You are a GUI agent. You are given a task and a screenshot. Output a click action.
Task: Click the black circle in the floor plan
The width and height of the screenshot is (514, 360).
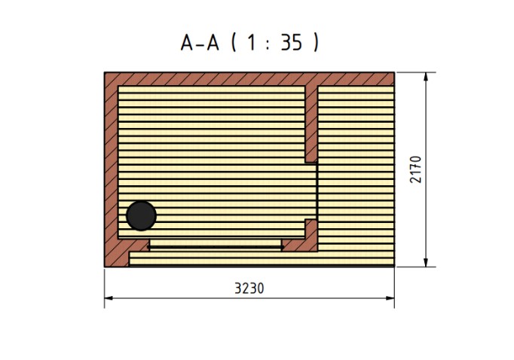coord(141,216)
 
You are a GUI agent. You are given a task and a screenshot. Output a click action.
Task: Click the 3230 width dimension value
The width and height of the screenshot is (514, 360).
coord(249,288)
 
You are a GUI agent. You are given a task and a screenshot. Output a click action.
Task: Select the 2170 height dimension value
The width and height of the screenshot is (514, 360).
coord(416,169)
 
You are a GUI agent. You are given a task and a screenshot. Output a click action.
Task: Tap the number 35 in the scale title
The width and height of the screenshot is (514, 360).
coord(292,43)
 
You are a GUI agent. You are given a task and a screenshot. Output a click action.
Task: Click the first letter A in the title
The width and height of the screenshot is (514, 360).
coord(187,43)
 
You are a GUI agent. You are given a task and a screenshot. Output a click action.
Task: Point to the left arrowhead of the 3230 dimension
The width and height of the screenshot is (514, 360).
coord(109,298)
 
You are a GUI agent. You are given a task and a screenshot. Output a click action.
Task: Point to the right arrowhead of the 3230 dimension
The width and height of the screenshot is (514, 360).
coord(390,298)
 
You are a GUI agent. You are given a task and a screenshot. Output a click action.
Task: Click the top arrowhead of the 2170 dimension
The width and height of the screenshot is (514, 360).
coord(426,77)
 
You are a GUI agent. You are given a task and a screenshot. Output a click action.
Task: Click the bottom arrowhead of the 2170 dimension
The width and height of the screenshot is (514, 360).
coord(426,262)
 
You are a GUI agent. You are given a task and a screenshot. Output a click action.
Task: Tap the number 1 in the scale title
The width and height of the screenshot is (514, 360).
coord(252,43)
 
